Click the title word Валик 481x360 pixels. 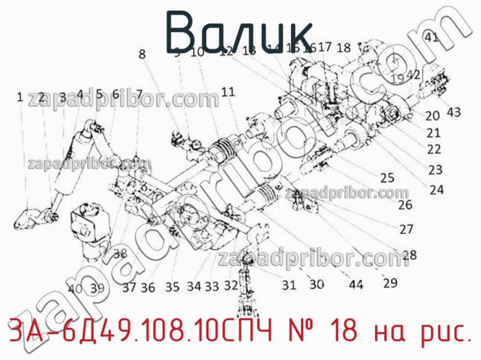tap(239, 30)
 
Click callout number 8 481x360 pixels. tap(142, 53)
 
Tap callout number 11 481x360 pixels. tap(228, 92)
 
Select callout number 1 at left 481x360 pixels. tap(20, 96)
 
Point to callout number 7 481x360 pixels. tap(139, 94)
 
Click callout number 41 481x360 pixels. tap(432, 37)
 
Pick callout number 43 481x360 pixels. tap(453, 112)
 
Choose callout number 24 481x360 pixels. tap(437, 190)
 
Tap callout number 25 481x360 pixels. tap(387, 177)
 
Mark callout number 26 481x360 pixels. tap(405, 204)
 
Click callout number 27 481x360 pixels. tap(406, 229)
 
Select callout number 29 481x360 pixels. tap(390, 282)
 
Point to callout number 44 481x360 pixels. tap(356, 285)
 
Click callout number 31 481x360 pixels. tap(289, 284)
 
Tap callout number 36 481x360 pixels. tap(148, 288)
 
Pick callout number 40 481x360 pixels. tap(75, 288)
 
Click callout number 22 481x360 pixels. tap(434, 148)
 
